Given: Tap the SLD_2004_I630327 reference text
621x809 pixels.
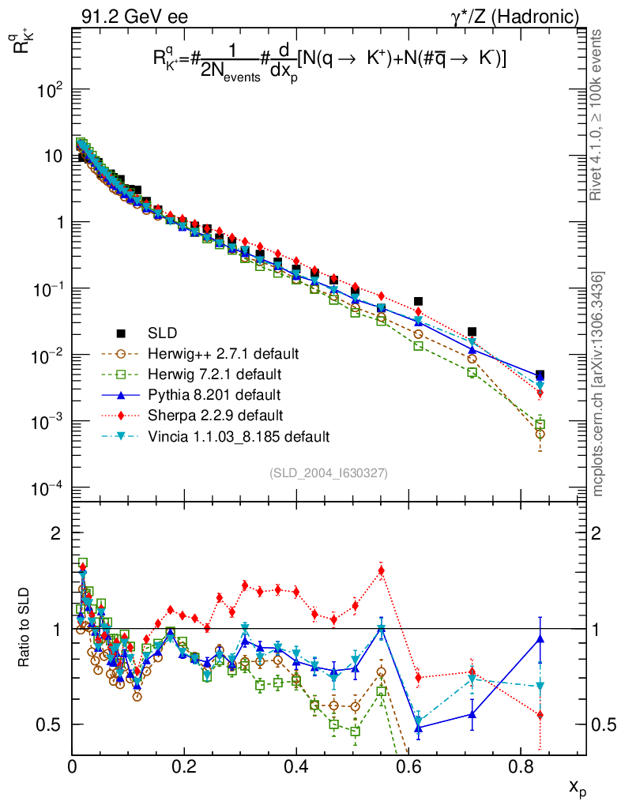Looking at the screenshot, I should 328,473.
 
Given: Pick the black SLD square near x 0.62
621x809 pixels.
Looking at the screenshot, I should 418,301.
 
